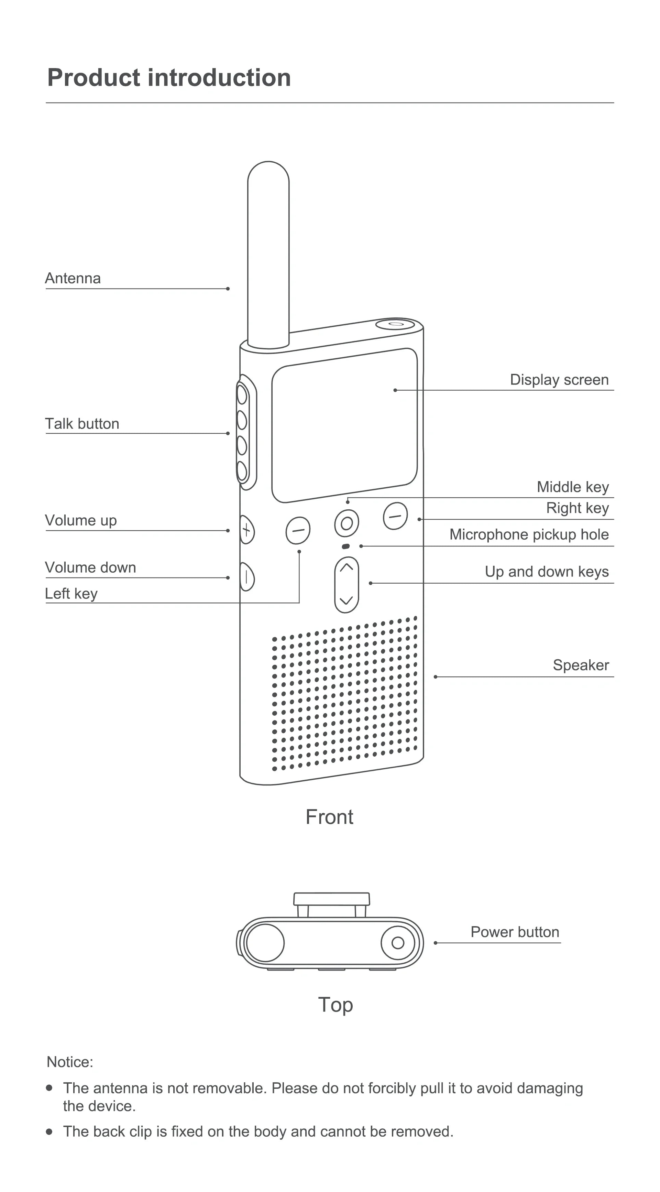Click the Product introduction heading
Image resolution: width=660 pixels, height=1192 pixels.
(169, 78)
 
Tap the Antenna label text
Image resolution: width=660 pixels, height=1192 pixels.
(73, 278)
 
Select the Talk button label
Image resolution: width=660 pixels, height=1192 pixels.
(82, 424)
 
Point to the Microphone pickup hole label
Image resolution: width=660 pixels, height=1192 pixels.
(529, 534)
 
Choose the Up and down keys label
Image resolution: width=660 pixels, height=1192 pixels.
(546, 572)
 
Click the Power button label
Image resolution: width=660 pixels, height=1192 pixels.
(515, 932)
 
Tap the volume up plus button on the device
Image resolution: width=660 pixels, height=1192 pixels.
(247, 530)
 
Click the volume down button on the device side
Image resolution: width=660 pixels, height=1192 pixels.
(247, 577)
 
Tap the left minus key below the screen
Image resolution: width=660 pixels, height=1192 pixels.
(298, 530)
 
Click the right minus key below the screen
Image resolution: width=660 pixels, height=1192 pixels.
(395, 516)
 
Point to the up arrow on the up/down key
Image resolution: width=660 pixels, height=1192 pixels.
(346, 567)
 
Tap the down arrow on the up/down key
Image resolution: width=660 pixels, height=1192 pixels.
(346, 600)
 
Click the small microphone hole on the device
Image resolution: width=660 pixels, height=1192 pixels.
(345, 546)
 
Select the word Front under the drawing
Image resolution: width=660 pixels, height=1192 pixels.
(329, 817)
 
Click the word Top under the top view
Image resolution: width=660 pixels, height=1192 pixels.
(335, 1005)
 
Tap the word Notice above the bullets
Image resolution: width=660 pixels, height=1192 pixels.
(70, 1062)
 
